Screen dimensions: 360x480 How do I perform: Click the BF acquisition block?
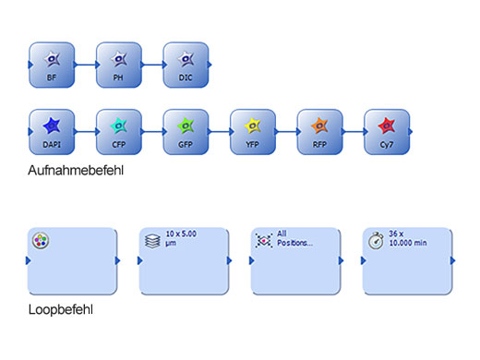tap(52, 65)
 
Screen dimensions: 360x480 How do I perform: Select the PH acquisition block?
tap(119, 65)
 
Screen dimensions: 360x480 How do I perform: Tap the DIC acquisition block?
tap(186, 65)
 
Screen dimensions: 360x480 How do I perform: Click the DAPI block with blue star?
tap(52, 132)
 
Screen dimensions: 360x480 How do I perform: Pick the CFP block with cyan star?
tap(119, 132)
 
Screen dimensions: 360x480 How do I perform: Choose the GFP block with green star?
tap(186, 132)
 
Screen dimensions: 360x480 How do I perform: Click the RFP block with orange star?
tap(319, 132)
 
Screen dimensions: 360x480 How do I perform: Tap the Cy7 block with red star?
tap(387, 132)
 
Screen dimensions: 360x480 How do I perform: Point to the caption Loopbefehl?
tap(60, 310)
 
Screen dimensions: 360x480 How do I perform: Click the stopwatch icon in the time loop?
tap(376, 240)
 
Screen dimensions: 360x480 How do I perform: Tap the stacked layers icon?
tap(152, 240)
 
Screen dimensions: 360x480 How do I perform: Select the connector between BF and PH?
tap(85, 65)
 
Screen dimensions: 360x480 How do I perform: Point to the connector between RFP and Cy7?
tap(354, 132)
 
